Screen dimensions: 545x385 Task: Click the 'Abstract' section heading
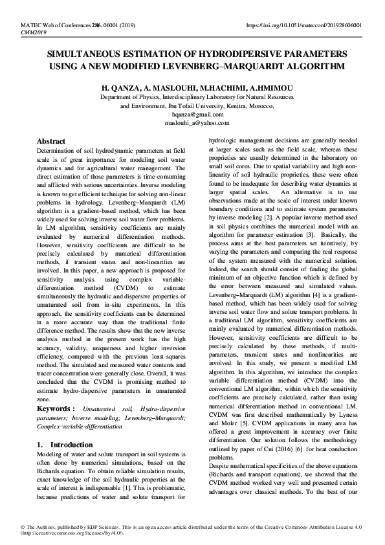pos(51,141)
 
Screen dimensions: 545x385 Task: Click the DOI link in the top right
pos(305,25)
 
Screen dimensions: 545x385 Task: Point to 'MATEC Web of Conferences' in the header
pos(51,25)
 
